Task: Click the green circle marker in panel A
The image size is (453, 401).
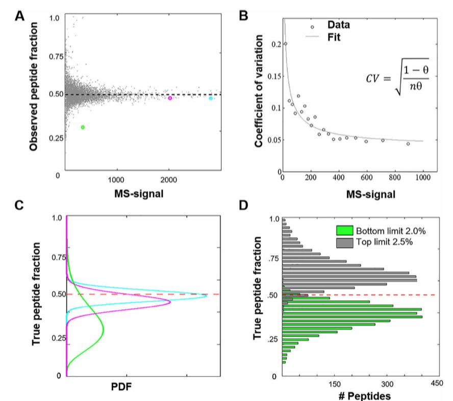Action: tap(83, 127)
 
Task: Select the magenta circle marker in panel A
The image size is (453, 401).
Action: tap(170, 98)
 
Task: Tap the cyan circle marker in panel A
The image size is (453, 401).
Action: tap(211, 98)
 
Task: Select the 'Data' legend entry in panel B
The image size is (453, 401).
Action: tap(337, 25)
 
